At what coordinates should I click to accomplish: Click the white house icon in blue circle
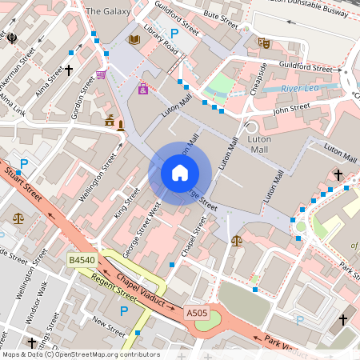point(180,172)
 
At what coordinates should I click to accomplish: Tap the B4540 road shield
point(81,260)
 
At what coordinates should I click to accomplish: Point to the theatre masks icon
point(264,42)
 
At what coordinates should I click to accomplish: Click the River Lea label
point(299,88)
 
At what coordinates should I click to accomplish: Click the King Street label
point(122,199)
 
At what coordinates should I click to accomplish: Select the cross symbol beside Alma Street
point(69,70)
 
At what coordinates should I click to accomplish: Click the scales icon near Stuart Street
point(18,218)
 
